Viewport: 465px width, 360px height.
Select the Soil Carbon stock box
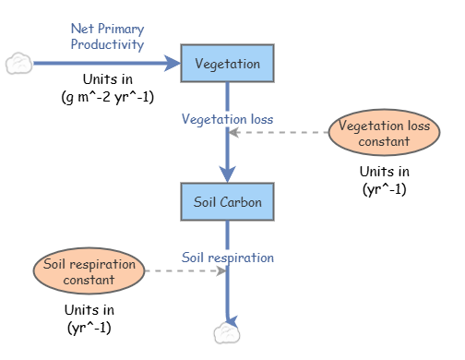point(227,201)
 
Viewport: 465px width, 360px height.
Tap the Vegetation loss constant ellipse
point(384,133)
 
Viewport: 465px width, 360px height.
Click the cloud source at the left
point(18,64)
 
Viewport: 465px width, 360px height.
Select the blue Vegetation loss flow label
point(227,119)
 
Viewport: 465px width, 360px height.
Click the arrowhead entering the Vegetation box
point(173,64)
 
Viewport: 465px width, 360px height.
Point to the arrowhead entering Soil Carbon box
point(227,174)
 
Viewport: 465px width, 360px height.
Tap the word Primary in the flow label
point(125,29)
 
